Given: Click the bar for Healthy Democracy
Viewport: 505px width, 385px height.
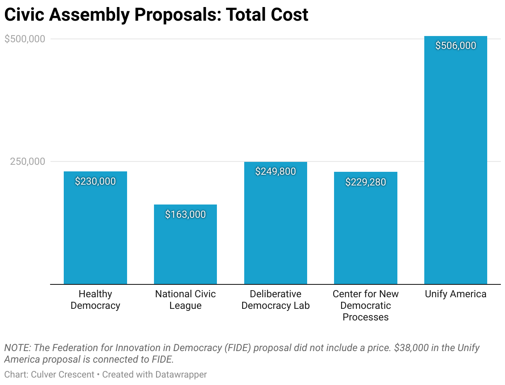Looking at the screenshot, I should click(95, 232).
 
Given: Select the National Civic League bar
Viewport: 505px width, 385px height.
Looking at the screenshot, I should click(185, 248).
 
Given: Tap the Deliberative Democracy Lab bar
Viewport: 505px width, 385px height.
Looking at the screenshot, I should click(276, 228).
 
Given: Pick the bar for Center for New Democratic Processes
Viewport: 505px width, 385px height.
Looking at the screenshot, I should click(366, 232).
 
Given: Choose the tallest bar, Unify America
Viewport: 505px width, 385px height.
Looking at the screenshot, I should click(456, 166).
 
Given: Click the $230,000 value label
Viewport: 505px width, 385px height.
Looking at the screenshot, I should click(95, 181).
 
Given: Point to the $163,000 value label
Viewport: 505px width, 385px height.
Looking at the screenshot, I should click(185, 214).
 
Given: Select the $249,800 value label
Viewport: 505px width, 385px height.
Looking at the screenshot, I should click(276, 171).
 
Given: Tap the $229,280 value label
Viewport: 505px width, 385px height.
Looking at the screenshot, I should click(366, 182).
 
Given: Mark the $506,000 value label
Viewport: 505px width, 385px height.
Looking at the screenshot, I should click(456, 46).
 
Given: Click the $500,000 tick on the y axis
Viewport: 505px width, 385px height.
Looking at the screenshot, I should click(24, 39).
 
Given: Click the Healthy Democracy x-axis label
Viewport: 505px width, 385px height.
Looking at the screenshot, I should click(95, 300).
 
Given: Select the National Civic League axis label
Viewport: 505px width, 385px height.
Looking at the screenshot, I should click(185, 300).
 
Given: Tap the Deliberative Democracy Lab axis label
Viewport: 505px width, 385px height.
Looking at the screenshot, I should click(276, 300).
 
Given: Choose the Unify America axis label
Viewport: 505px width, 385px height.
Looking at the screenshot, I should click(456, 294).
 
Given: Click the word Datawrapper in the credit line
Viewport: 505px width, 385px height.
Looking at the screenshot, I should click(181, 375).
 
